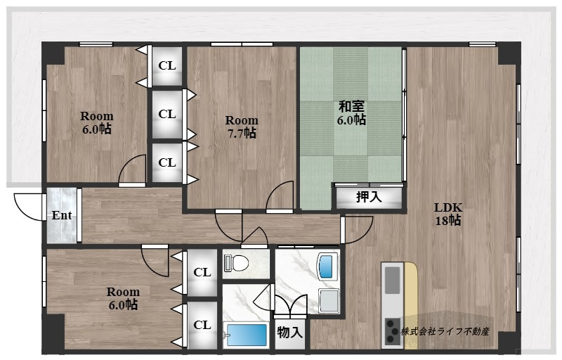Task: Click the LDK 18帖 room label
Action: point(448,214)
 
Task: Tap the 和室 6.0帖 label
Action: point(351,113)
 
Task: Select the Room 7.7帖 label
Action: point(242,127)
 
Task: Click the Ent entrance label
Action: point(62,215)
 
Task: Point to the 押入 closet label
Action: point(369,197)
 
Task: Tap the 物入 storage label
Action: point(289,333)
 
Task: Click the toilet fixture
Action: point(236,264)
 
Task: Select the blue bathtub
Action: point(247,335)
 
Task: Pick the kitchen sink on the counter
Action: point(393,280)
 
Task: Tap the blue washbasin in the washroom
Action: point(326,266)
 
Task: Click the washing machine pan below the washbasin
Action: point(329,300)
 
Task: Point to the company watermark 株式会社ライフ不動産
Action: point(445,331)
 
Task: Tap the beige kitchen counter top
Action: point(411,304)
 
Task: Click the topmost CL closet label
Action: point(167,65)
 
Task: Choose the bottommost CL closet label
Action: point(202,325)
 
